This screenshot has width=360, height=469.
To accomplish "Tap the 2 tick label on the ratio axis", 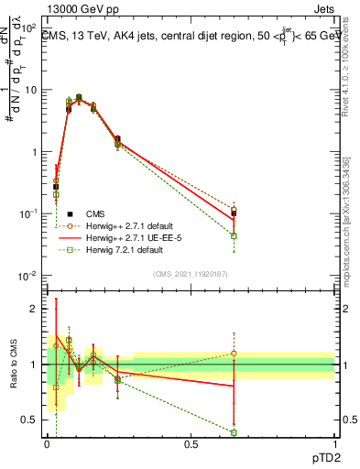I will pos(35,309).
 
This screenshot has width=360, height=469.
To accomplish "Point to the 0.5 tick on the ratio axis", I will pos(30,420).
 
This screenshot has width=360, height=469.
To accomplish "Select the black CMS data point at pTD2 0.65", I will pos(234,213).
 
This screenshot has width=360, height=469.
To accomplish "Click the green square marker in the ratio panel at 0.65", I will pos(234,432).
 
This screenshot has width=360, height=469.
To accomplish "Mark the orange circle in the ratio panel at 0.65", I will pos(234,353).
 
